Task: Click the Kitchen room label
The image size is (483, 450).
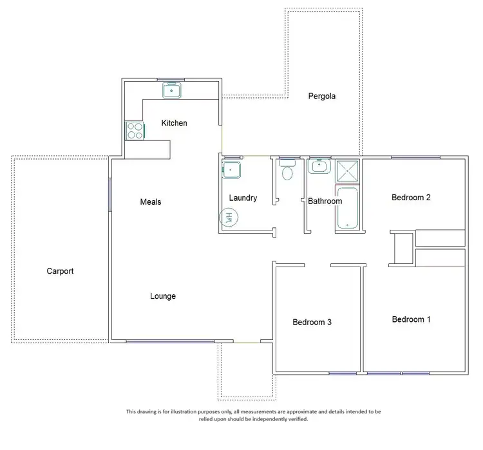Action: (174, 123)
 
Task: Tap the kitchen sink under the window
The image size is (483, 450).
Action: (172, 91)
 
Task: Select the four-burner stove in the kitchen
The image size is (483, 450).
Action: (135, 131)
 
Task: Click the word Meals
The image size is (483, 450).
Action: (151, 202)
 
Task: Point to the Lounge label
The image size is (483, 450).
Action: (163, 296)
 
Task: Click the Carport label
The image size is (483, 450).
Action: (60, 271)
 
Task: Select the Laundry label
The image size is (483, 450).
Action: (243, 198)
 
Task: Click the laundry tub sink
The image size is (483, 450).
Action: (231, 170)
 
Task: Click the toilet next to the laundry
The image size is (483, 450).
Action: (287, 171)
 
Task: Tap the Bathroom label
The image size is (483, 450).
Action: (325, 202)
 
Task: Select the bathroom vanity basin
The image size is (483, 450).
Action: (318, 167)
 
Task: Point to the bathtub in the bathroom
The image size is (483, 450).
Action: (347, 209)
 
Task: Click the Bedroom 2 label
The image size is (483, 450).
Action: (411, 198)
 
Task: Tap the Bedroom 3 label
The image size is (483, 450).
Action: (312, 322)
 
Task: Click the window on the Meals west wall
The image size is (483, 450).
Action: (109, 194)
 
